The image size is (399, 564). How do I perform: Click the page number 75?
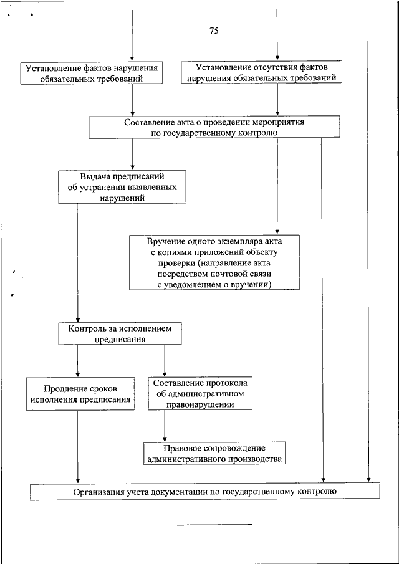214,31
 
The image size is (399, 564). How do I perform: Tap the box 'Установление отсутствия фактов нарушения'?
261,72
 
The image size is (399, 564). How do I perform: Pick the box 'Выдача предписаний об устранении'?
122,187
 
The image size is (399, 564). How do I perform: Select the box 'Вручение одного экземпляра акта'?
214,262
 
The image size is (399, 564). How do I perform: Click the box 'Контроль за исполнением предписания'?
120,333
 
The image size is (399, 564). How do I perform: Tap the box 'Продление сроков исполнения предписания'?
80,393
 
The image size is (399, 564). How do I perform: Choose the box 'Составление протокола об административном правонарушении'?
200,393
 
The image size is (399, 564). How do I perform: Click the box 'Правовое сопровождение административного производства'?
214,453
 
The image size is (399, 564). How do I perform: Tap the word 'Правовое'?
179,448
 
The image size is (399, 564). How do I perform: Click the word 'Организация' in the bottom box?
95,492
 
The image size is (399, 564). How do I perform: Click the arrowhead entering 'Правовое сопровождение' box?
165,439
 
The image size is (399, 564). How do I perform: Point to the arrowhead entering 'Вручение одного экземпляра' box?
277,232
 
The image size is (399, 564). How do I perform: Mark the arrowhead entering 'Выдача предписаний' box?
132,168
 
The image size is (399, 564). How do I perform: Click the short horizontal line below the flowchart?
214,525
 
